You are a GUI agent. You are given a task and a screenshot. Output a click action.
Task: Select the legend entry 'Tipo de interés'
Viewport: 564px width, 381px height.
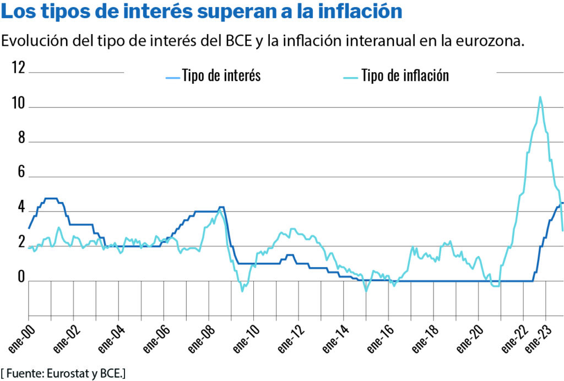221,75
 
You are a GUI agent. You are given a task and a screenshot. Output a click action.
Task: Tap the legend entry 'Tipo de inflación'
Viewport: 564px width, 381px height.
405,75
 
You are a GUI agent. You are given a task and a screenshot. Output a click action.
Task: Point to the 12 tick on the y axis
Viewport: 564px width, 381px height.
19,68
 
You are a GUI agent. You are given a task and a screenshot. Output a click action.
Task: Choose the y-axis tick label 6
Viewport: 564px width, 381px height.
21,172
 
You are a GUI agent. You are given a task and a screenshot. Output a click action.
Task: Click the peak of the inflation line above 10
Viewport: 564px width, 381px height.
540,97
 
